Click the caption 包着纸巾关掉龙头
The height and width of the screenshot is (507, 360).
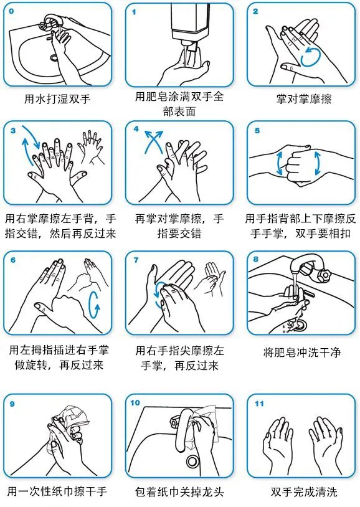pos(179,492)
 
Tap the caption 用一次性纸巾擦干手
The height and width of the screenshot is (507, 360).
pos(57,491)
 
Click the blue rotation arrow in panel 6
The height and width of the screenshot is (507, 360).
pos(94,305)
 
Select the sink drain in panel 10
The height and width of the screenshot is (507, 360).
pos(192,462)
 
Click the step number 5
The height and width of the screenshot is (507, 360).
pos(257,131)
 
